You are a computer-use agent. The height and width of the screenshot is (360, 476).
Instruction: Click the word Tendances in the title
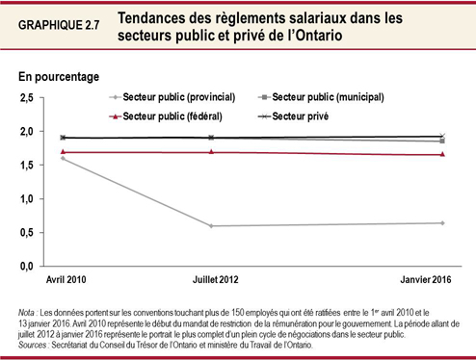click(x=156, y=17)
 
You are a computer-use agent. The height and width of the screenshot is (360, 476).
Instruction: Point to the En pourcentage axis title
click(x=59, y=74)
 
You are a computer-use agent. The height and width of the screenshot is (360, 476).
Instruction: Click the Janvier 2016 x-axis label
click(x=425, y=279)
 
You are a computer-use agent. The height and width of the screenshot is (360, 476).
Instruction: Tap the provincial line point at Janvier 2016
click(x=441, y=223)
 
